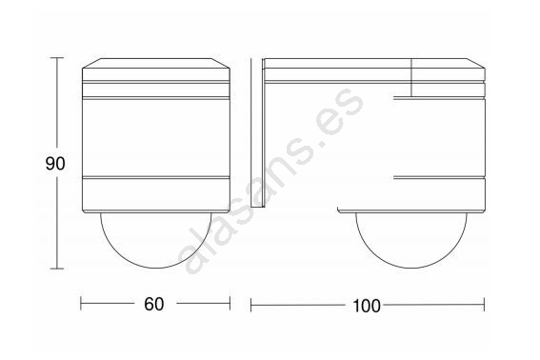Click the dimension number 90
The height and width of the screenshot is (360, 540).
[x=55, y=164]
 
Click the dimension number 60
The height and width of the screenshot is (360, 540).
[x=154, y=304]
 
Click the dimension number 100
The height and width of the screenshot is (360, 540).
[x=367, y=306]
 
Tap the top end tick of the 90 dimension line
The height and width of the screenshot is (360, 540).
[x=57, y=58]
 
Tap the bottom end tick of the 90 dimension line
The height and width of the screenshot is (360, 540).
[x=57, y=269]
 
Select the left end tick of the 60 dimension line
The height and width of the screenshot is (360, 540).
[x=81, y=304]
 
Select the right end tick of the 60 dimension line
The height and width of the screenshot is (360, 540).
[x=230, y=304]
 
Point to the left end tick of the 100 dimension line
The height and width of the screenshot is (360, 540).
[x=251, y=305]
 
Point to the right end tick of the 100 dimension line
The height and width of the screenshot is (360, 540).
[x=484, y=305]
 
